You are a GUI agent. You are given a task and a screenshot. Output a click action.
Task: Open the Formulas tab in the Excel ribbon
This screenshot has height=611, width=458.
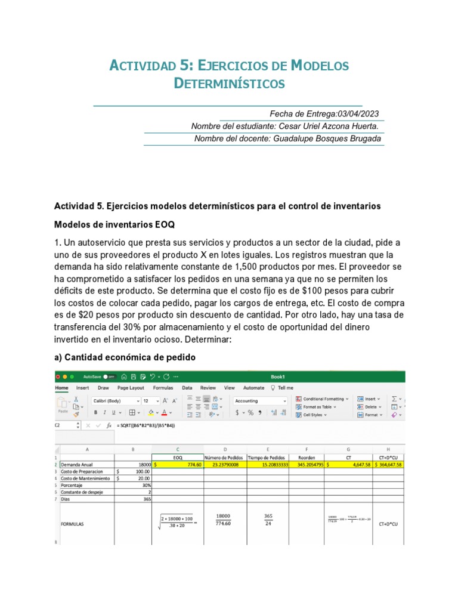pos(163,387)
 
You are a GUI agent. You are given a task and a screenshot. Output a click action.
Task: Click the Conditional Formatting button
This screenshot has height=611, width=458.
pos(323,399)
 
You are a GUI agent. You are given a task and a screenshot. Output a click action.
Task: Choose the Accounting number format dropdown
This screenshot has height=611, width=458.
pos(261,401)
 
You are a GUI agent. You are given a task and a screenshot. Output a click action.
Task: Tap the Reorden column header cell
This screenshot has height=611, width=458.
pos(307,456)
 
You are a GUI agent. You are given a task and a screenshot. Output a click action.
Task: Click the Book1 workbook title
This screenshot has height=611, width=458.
pos(278,377)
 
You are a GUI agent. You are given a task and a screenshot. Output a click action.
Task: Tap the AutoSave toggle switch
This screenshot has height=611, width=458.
pos(109,377)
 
